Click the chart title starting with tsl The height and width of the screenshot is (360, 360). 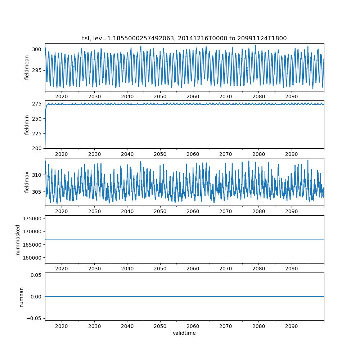(184, 39)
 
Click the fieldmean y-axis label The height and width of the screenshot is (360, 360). (27, 68)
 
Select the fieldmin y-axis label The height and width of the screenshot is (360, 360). (27, 125)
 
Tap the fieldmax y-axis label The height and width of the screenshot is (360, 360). (27, 182)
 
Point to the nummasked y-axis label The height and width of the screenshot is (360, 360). (18, 239)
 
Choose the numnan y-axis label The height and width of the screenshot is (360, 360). (21, 297)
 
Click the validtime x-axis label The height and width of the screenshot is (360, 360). (184, 333)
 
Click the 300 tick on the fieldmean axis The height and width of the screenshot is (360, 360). (38, 49)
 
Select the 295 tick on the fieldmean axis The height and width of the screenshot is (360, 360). (38, 70)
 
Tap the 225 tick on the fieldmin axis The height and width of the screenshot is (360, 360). (38, 133)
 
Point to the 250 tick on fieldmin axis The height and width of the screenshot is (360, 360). (38, 118)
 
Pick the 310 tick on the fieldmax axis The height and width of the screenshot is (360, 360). (38, 175)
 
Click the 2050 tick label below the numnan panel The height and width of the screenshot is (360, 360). (160, 326)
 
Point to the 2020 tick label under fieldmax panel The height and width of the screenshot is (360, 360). (62, 212)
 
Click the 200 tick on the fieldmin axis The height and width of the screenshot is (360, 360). (38, 148)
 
